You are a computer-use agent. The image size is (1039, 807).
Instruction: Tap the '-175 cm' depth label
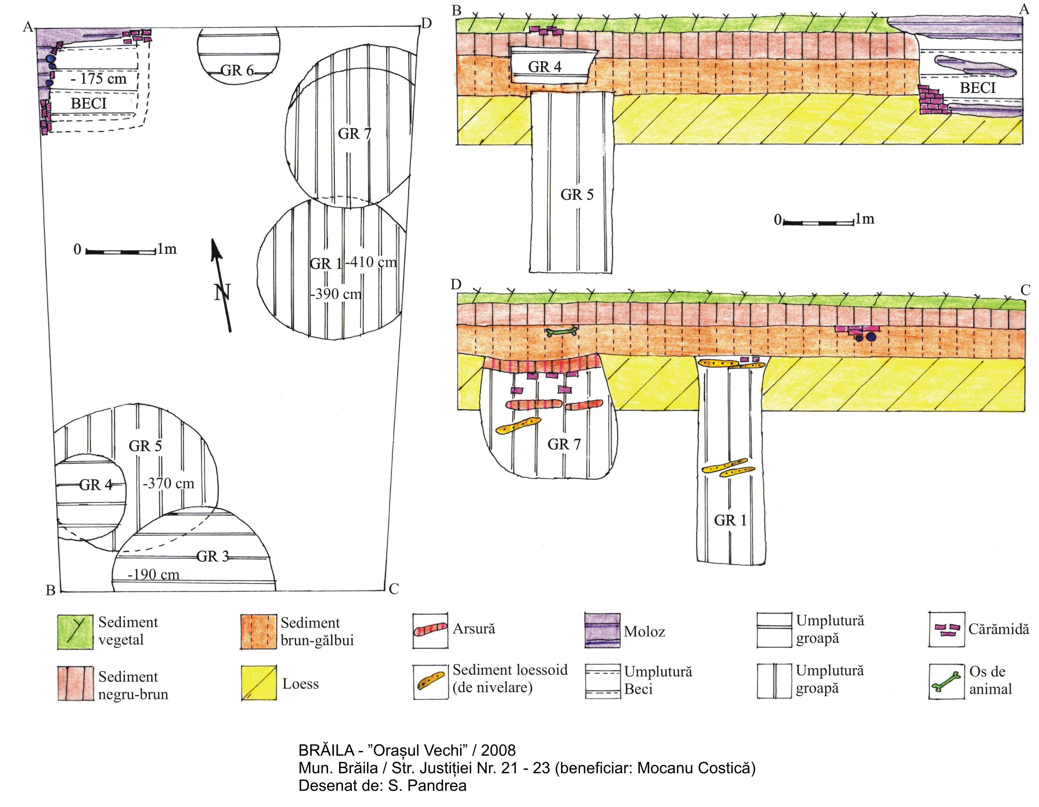pyautogui.click(x=99, y=78)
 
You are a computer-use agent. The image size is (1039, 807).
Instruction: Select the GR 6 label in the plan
pyautogui.click(x=237, y=70)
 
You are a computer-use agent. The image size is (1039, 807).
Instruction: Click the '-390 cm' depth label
pyautogui.click(x=336, y=294)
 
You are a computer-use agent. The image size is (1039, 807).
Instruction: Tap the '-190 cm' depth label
pyautogui.click(x=153, y=575)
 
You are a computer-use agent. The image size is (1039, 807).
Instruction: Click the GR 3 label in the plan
pyautogui.click(x=213, y=556)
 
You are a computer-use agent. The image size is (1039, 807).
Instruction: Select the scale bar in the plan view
pyautogui.click(x=121, y=251)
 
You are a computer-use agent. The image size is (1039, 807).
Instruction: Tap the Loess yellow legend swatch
pyautogui.click(x=259, y=683)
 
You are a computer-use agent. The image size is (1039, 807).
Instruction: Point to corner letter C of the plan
pyautogui.click(x=394, y=589)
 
